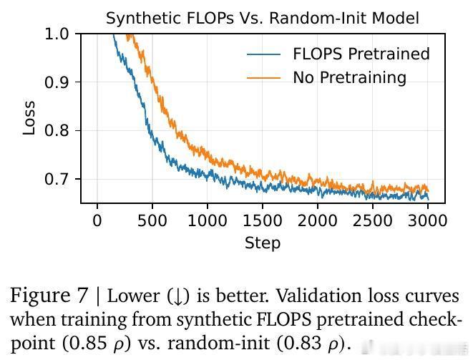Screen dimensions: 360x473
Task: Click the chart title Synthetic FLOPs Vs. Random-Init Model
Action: pos(263,19)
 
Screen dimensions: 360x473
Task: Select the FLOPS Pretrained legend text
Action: pos(361,54)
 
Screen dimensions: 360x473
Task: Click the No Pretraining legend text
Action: pos(349,77)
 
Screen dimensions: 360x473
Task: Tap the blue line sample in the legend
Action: pos(263,54)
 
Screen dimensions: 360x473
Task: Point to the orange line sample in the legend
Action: pos(263,77)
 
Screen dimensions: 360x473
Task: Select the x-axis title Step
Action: pos(263,243)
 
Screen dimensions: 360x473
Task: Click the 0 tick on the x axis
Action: pos(97,220)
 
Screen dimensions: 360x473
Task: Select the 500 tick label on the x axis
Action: pos(152,220)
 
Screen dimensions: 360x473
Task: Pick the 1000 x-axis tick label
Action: pos(208,220)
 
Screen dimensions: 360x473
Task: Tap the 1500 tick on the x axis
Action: pos(263,220)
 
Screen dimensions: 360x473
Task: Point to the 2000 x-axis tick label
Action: pos(318,220)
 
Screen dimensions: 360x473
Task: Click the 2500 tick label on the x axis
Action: pos(373,220)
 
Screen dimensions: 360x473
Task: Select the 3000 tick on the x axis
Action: pos(428,220)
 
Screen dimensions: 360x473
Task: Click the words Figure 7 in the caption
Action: pos(49,295)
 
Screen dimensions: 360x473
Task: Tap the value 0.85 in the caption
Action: pos(91,342)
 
